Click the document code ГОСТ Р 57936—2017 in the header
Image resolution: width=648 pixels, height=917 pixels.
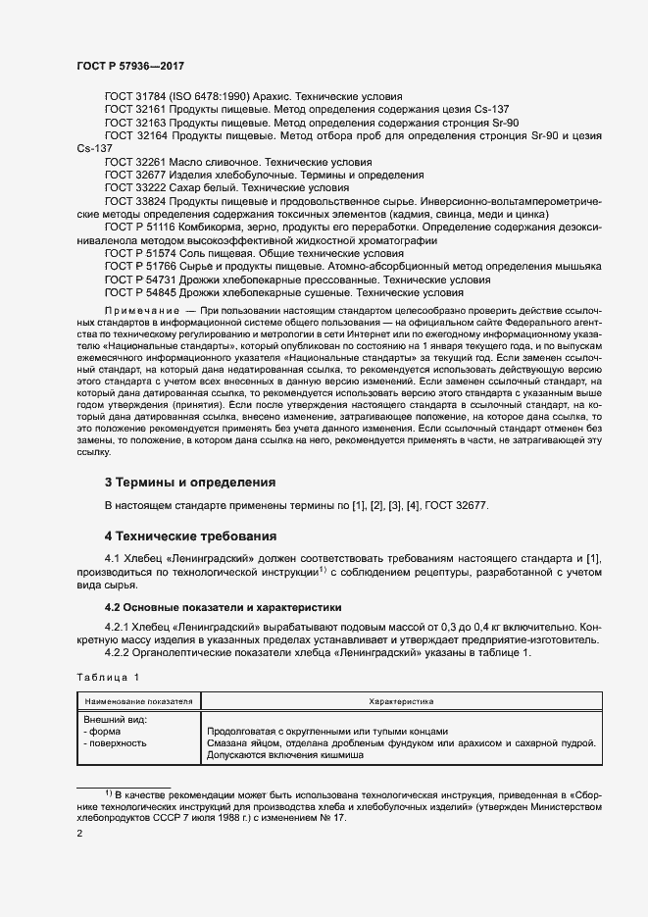(129, 66)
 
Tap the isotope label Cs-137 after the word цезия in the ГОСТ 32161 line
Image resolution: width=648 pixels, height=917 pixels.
(491, 110)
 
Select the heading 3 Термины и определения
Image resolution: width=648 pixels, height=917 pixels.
(190, 482)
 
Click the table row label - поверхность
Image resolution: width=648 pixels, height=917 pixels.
(115, 743)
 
